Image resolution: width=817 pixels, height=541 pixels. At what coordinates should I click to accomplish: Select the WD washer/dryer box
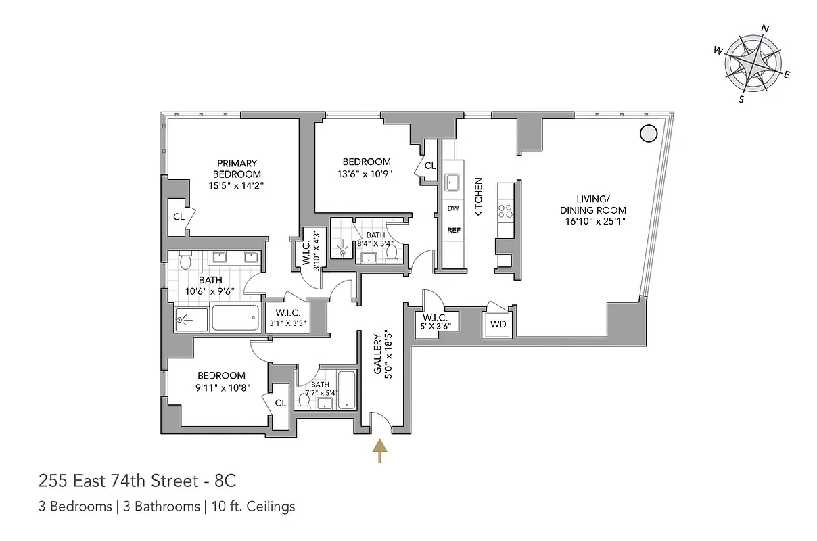[498, 324]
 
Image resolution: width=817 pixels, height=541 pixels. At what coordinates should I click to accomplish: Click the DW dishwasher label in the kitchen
[453, 208]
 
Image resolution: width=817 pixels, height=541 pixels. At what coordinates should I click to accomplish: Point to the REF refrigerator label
[453, 231]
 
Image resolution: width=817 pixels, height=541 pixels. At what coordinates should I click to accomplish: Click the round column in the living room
[648, 134]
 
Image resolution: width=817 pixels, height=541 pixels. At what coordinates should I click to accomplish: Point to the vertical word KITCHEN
[479, 197]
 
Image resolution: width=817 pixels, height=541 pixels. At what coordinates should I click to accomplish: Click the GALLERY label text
[378, 353]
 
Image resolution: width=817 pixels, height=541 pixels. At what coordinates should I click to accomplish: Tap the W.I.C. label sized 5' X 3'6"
[437, 322]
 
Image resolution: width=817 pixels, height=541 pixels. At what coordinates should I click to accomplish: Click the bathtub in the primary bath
[235, 317]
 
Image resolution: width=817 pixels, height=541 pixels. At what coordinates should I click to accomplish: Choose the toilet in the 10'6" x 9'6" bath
[186, 260]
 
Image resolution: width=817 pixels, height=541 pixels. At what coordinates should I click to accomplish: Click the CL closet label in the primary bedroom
[179, 217]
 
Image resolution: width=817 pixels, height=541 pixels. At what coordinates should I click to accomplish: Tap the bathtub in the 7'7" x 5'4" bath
[346, 391]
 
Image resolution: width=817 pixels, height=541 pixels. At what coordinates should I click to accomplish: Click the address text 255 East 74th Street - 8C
[137, 481]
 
